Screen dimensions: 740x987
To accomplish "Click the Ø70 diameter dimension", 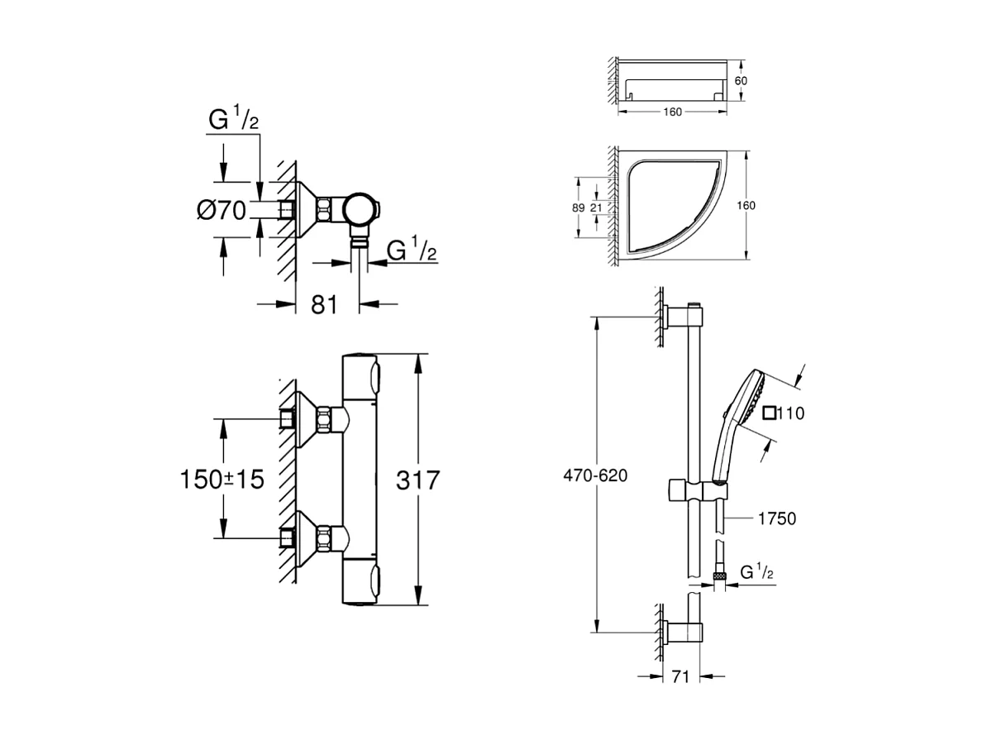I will click(222, 211).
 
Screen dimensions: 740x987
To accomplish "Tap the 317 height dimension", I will click(417, 480).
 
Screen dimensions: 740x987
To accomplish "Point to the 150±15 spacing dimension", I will click(222, 479).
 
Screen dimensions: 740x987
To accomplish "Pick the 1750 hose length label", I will click(776, 518).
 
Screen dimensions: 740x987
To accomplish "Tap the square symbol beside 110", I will click(770, 413).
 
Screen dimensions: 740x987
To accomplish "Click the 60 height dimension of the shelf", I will click(741, 80).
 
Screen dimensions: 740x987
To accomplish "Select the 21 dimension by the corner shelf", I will click(596, 208).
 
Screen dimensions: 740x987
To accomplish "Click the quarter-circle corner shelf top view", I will click(670, 205).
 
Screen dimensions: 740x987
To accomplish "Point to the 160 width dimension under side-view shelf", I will click(672, 112).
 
